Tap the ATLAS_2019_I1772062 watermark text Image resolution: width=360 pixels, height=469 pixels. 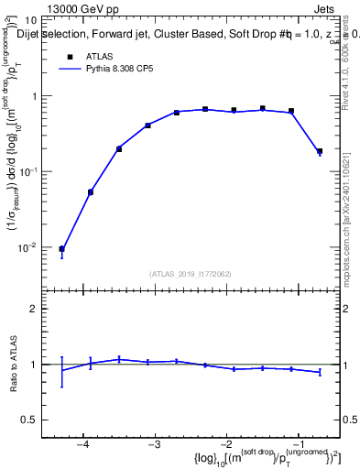[191, 274]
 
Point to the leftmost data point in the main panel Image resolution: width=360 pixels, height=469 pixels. [61, 249]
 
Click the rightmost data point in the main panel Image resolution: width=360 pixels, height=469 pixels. [320, 151]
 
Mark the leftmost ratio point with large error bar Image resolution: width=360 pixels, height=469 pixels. [61, 371]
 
